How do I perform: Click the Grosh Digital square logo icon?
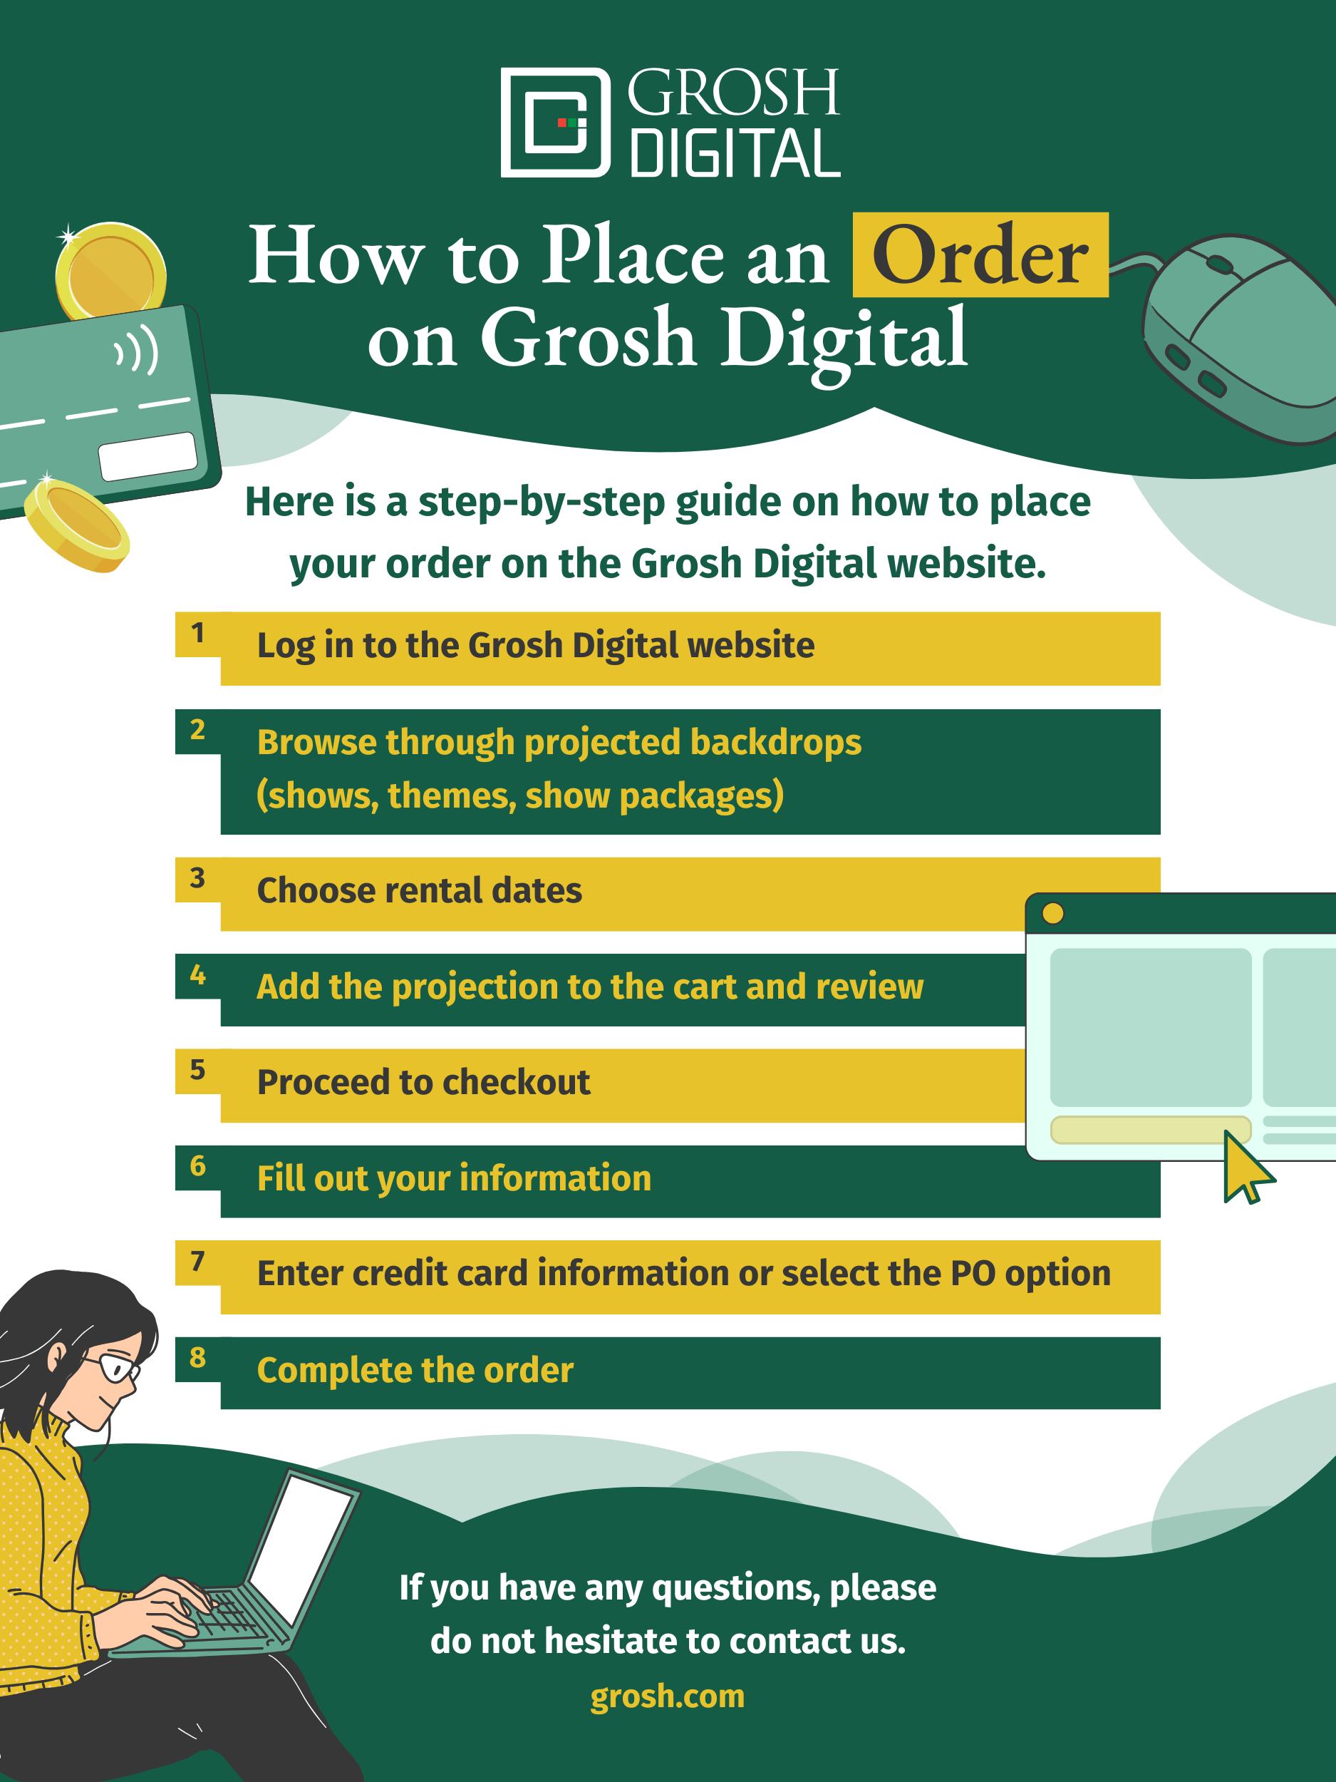point(555,123)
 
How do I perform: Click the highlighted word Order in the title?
point(980,255)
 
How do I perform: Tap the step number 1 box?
point(197,633)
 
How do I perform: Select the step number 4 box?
point(197,976)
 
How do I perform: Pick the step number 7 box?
point(197,1262)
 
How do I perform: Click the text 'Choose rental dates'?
point(419,891)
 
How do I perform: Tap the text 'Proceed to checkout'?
point(423,1083)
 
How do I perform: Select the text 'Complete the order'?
point(415,1370)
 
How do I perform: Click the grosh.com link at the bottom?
point(667,1696)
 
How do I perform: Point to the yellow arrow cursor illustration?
point(1243,1165)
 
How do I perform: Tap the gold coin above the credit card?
point(110,272)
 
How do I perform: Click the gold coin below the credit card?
point(76,524)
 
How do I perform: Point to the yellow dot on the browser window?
point(1052,913)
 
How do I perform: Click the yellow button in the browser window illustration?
point(1150,1130)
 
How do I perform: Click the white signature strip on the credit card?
point(148,456)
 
